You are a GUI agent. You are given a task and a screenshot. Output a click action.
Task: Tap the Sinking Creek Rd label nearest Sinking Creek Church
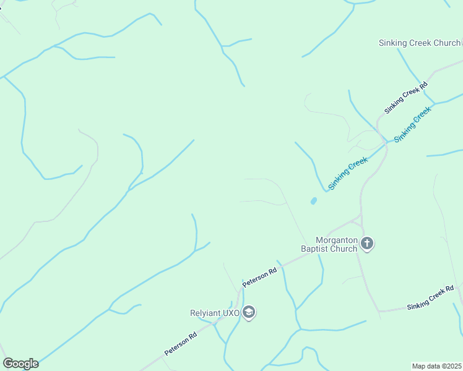[406, 98]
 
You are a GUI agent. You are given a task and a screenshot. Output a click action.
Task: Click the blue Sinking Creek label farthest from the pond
[412, 124]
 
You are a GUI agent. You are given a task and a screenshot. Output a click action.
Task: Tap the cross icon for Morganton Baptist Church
[367, 244]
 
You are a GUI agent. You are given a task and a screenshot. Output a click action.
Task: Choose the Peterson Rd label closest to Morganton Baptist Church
[260, 277]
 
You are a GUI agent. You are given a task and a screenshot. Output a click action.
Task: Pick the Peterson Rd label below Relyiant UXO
[181, 344]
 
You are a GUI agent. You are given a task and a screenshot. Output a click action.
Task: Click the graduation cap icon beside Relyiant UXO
[249, 312]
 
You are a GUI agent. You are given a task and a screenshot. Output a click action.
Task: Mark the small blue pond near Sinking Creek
[313, 201]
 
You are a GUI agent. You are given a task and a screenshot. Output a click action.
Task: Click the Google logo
[20, 364]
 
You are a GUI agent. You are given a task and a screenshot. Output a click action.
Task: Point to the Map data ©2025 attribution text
[437, 366]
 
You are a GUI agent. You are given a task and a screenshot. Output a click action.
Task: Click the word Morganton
[338, 240]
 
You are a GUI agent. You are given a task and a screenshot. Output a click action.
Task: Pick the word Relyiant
[205, 312]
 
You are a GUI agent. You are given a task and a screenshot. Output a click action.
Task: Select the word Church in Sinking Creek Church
[446, 43]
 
